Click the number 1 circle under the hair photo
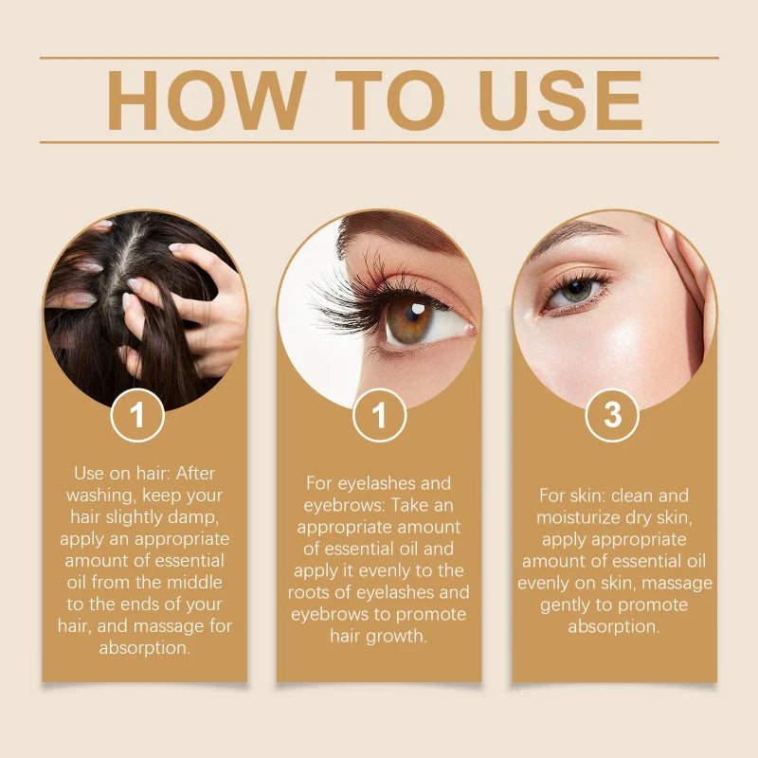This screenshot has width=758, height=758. coord(137,415)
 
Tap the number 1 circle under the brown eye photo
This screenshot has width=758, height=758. coord(379,415)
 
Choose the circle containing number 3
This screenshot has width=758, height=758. coord(612,415)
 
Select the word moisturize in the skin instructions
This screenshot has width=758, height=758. coord(582,517)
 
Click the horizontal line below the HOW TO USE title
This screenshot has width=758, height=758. coord(379,142)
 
